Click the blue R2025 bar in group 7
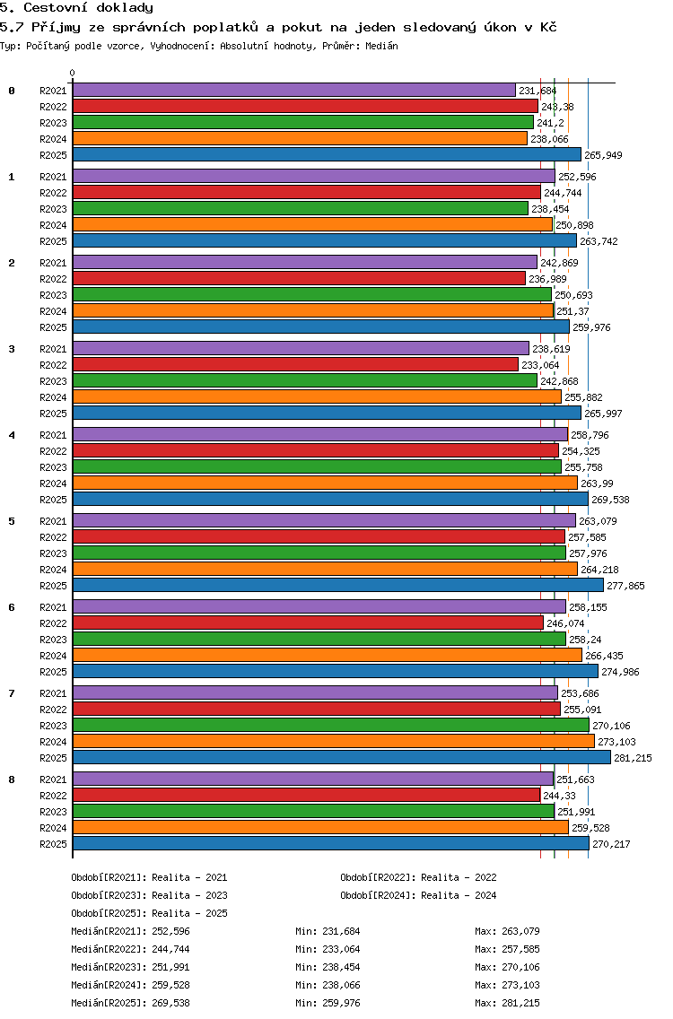pyautogui.click(x=342, y=757)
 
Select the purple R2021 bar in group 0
pyautogui.click(x=294, y=91)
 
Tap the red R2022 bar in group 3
pyautogui.click(x=295, y=364)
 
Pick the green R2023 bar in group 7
pyautogui.click(x=331, y=726)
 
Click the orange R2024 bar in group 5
pyautogui.click(x=325, y=570)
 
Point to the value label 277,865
pyautogui.click(x=625, y=586)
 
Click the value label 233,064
pyautogui.click(x=540, y=365)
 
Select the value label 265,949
pyautogui.click(x=603, y=155)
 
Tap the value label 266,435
pyautogui.click(x=604, y=656)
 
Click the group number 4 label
pyautogui.click(x=12, y=435)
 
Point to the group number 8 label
pyautogui.click(x=12, y=779)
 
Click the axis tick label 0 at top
pyautogui.click(x=72, y=73)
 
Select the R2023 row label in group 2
pyautogui.click(x=53, y=295)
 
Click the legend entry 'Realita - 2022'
pyautogui.click(x=459, y=877)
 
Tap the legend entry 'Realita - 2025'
pyautogui.click(x=189, y=913)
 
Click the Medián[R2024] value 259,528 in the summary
pyautogui.click(x=171, y=985)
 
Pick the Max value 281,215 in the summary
pyautogui.click(x=520, y=1003)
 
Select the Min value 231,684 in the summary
pyautogui.click(x=341, y=931)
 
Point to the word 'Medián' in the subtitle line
pyautogui.click(x=381, y=46)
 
